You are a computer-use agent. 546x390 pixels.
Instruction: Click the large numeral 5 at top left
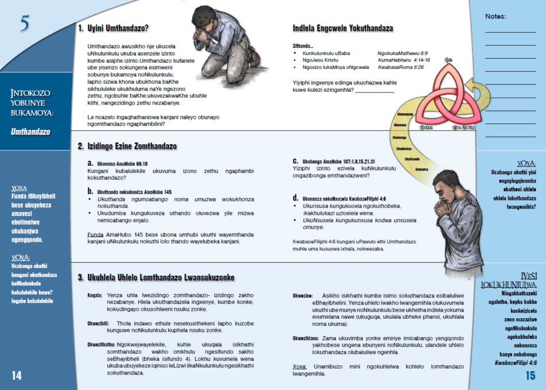coord(25,24)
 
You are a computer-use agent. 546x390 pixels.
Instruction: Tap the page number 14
coord(17,375)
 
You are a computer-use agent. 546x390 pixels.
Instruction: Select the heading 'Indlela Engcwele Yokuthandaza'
coord(343,28)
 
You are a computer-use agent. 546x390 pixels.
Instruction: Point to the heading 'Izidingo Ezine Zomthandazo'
coord(131,146)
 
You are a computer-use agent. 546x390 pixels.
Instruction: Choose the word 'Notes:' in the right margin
coord(495,16)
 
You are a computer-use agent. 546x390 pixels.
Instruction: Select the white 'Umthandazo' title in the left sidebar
coord(30,132)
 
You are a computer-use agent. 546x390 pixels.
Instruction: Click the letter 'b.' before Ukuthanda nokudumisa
coord(90,191)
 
